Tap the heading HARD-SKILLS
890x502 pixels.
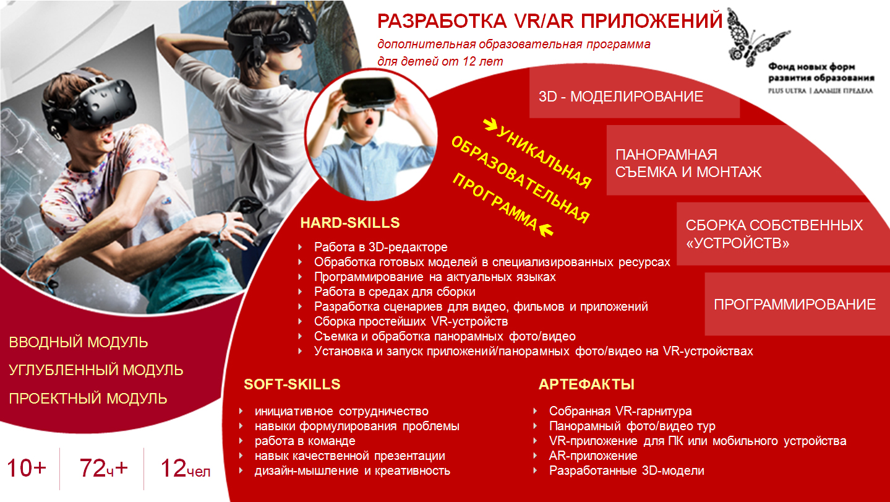pos(349,223)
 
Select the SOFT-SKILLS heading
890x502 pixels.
pos(292,384)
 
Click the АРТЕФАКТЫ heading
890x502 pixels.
pos(586,384)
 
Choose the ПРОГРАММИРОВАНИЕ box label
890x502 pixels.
pos(795,305)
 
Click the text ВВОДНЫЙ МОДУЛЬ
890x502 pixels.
pos(79,342)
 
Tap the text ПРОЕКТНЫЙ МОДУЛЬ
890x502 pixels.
pos(88,399)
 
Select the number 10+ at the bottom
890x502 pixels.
pos(27,468)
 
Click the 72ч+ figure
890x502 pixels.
pos(104,468)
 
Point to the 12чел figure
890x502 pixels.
pos(185,468)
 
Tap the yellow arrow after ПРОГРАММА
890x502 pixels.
pos(546,230)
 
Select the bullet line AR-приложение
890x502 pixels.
pos(593,456)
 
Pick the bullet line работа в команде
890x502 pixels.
pos(305,441)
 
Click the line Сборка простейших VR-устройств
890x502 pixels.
pos(411,321)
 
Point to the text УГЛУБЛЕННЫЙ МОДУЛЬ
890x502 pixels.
pos(96,370)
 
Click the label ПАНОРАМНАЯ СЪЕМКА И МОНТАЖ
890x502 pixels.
pos(688,163)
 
